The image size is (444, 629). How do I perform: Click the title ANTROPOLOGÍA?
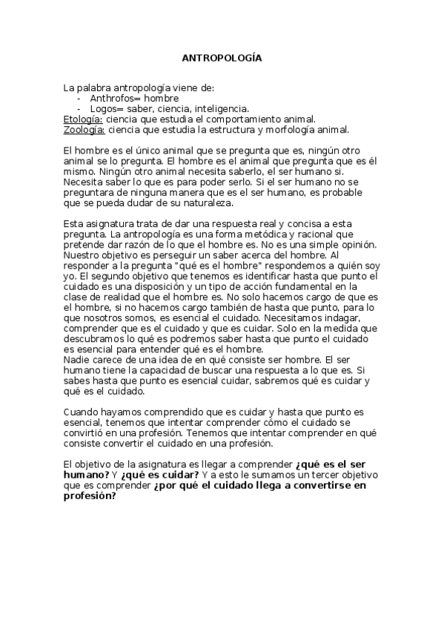tap(222, 57)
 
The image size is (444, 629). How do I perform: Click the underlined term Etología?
tap(83, 118)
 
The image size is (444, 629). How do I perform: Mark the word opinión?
tap(357, 244)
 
